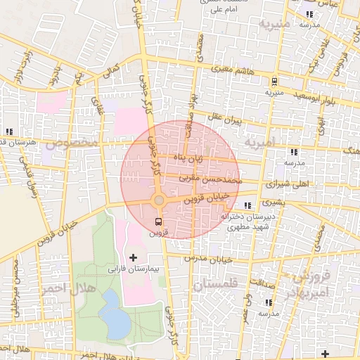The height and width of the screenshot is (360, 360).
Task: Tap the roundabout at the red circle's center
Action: (159, 201)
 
